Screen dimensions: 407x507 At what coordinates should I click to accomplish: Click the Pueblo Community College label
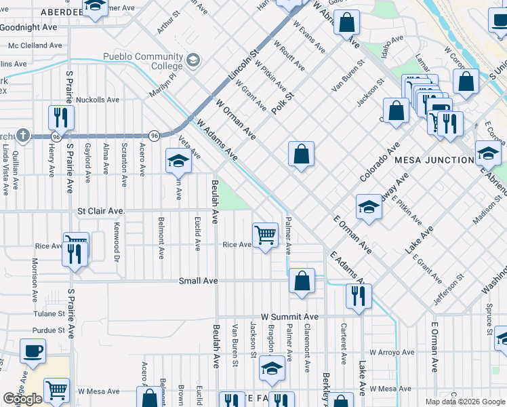143,61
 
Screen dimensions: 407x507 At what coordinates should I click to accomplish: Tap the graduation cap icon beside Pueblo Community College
194,61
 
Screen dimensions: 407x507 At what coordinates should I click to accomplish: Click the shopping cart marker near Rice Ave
265,235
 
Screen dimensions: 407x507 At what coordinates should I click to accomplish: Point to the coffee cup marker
32,352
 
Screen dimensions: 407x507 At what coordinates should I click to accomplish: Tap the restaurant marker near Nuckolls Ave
62,117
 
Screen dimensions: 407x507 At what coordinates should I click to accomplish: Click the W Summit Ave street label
289,317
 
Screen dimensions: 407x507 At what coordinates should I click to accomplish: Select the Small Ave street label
198,281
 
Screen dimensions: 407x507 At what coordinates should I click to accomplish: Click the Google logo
22,399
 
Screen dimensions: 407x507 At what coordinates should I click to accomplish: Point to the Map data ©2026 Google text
464,402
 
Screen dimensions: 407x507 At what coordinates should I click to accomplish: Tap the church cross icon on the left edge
24,135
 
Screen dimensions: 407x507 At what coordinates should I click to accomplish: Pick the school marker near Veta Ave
178,161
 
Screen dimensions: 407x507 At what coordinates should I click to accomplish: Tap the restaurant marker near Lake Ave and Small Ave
358,295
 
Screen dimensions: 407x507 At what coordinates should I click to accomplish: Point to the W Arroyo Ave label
389,352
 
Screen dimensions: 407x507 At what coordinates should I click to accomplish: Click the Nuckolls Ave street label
98,100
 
